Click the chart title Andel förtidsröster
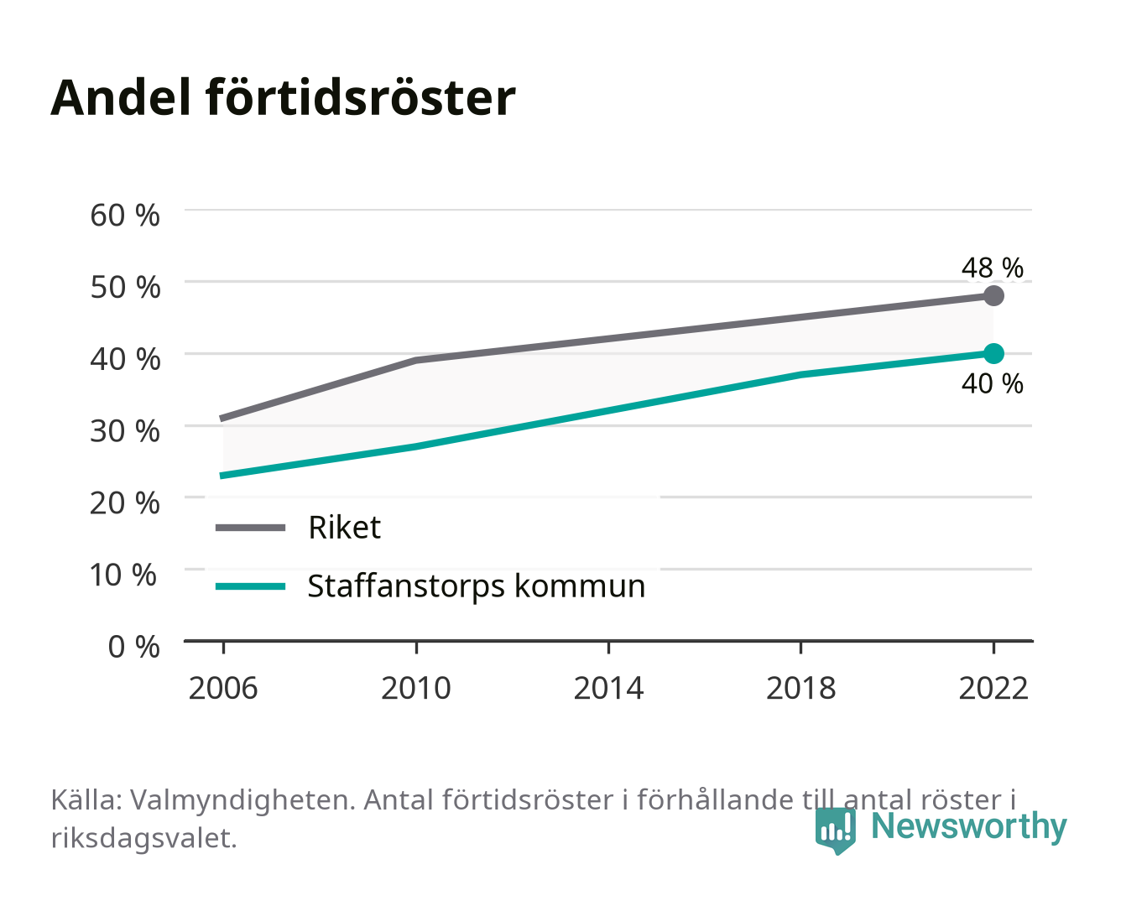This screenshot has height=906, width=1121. [283, 97]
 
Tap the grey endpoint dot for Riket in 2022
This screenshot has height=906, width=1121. [993, 295]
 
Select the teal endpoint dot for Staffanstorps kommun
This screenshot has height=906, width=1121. [993, 353]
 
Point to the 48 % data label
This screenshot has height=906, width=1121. [992, 268]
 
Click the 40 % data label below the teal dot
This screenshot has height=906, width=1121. [992, 383]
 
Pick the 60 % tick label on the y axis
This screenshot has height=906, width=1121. [125, 216]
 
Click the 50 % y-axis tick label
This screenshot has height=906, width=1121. [125, 288]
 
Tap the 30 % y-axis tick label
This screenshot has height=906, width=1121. [125, 431]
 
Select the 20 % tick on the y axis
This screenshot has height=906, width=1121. [125, 503]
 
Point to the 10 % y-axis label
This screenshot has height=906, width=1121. [123, 575]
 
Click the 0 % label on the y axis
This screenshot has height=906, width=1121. [133, 647]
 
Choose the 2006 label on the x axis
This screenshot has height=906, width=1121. [223, 688]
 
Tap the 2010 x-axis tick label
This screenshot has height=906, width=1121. [416, 688]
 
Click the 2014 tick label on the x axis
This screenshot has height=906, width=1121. [608, 688]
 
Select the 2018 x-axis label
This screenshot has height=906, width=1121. [800, 688]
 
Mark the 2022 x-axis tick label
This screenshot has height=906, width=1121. [993, 688]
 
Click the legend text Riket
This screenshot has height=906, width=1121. [344, 527]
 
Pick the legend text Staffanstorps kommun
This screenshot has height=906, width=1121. [477, 586]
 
